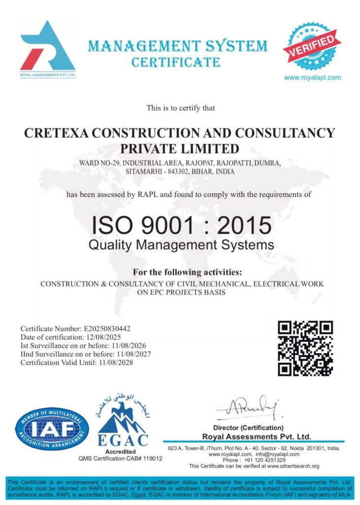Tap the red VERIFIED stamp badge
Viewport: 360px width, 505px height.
pos(312,46)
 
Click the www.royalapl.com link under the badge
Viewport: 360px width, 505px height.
pos(312,77)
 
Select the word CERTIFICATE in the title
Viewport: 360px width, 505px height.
pos(176,63)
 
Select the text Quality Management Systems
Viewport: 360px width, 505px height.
pos(181,245)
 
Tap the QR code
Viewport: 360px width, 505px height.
pos(305,348)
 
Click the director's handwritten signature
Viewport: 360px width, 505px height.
pos(248,407)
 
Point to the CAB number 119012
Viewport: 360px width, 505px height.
pos(151,458)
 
